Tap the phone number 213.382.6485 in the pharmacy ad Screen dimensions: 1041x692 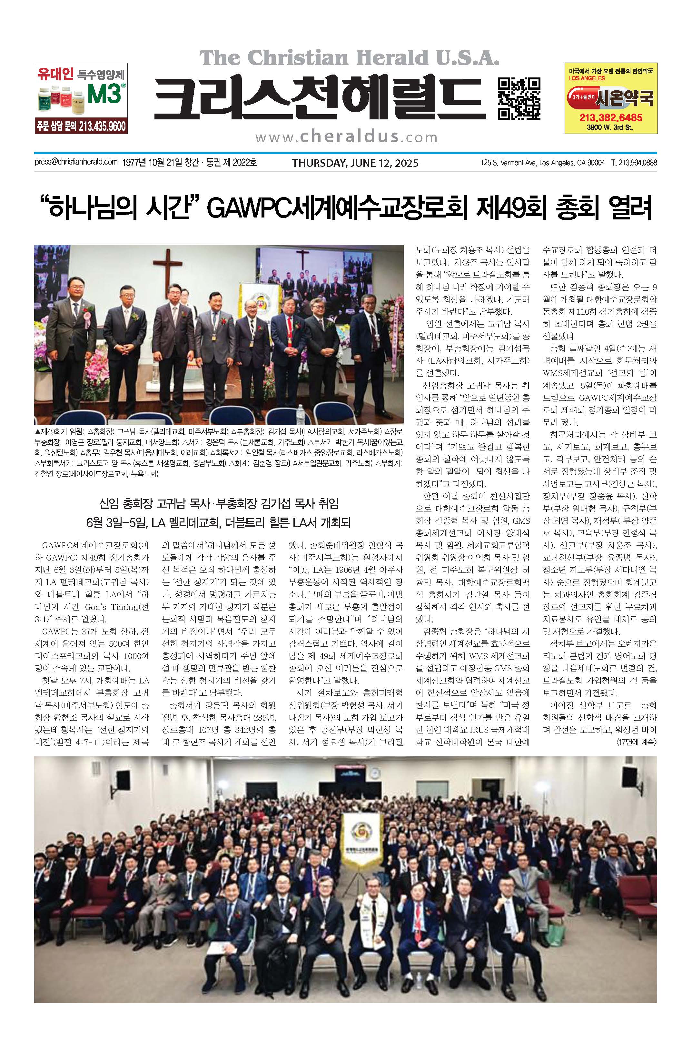tap(611, 117)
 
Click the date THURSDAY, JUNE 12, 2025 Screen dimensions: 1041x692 tap(355, 163)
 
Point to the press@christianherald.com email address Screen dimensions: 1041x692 tap(76, 162)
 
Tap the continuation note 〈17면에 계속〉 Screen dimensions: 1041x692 tap(636, 743)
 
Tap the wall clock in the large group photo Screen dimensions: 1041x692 tap(374, 774)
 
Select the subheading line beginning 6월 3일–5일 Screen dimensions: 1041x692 tap(218, 523)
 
